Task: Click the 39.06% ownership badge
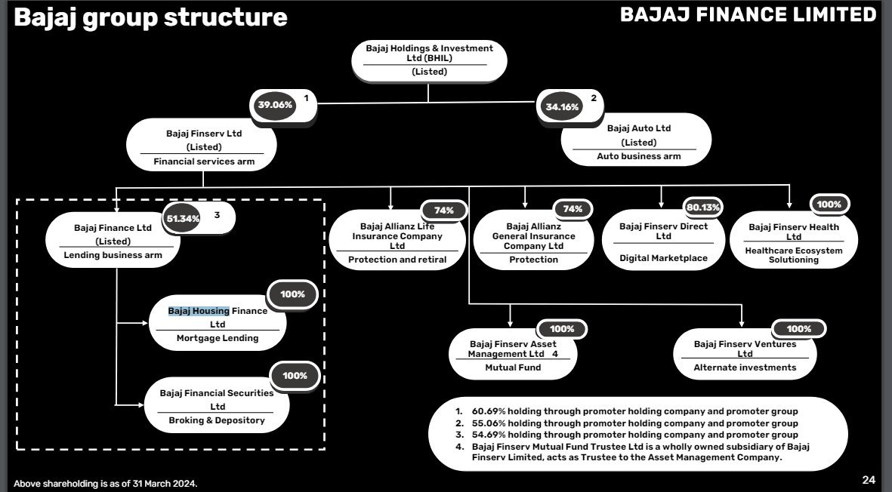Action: point(275,105)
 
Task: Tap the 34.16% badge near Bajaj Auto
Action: point(562,107)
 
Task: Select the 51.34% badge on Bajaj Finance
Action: point(183,219)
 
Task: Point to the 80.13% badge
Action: point(703,208)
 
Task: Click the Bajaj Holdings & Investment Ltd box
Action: point(430,60)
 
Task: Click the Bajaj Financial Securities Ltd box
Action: point(217,406)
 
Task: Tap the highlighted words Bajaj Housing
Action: point(199,311)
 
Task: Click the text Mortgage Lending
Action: point(218,338)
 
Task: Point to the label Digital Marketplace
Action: point(663,258)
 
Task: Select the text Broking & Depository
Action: point(217,420)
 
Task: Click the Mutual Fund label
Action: point(513,367)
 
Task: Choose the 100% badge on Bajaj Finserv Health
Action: point(829,204)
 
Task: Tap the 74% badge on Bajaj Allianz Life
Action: point(443,211)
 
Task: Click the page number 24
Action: point(869,480)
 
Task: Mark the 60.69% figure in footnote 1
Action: point(489,411)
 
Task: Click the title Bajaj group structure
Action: point(151,17)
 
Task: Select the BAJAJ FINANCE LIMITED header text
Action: point(748,14)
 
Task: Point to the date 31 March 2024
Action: point(165,484)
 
